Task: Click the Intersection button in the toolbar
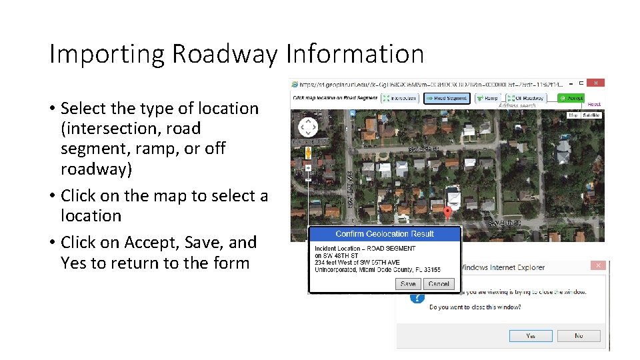point(399,98)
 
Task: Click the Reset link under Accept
point(594,105)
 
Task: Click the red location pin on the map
point(447,213)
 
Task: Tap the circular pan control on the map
point(308,127)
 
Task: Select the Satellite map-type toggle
point(591,115)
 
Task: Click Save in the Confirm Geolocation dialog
point(408,284)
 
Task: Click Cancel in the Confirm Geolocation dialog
point(439,284)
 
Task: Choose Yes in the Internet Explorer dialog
point(531,336)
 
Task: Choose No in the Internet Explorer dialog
point(579,336)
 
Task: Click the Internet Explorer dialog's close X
point(598,266)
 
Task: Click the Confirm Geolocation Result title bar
point(384,234)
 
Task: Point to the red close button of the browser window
point(596,83)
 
